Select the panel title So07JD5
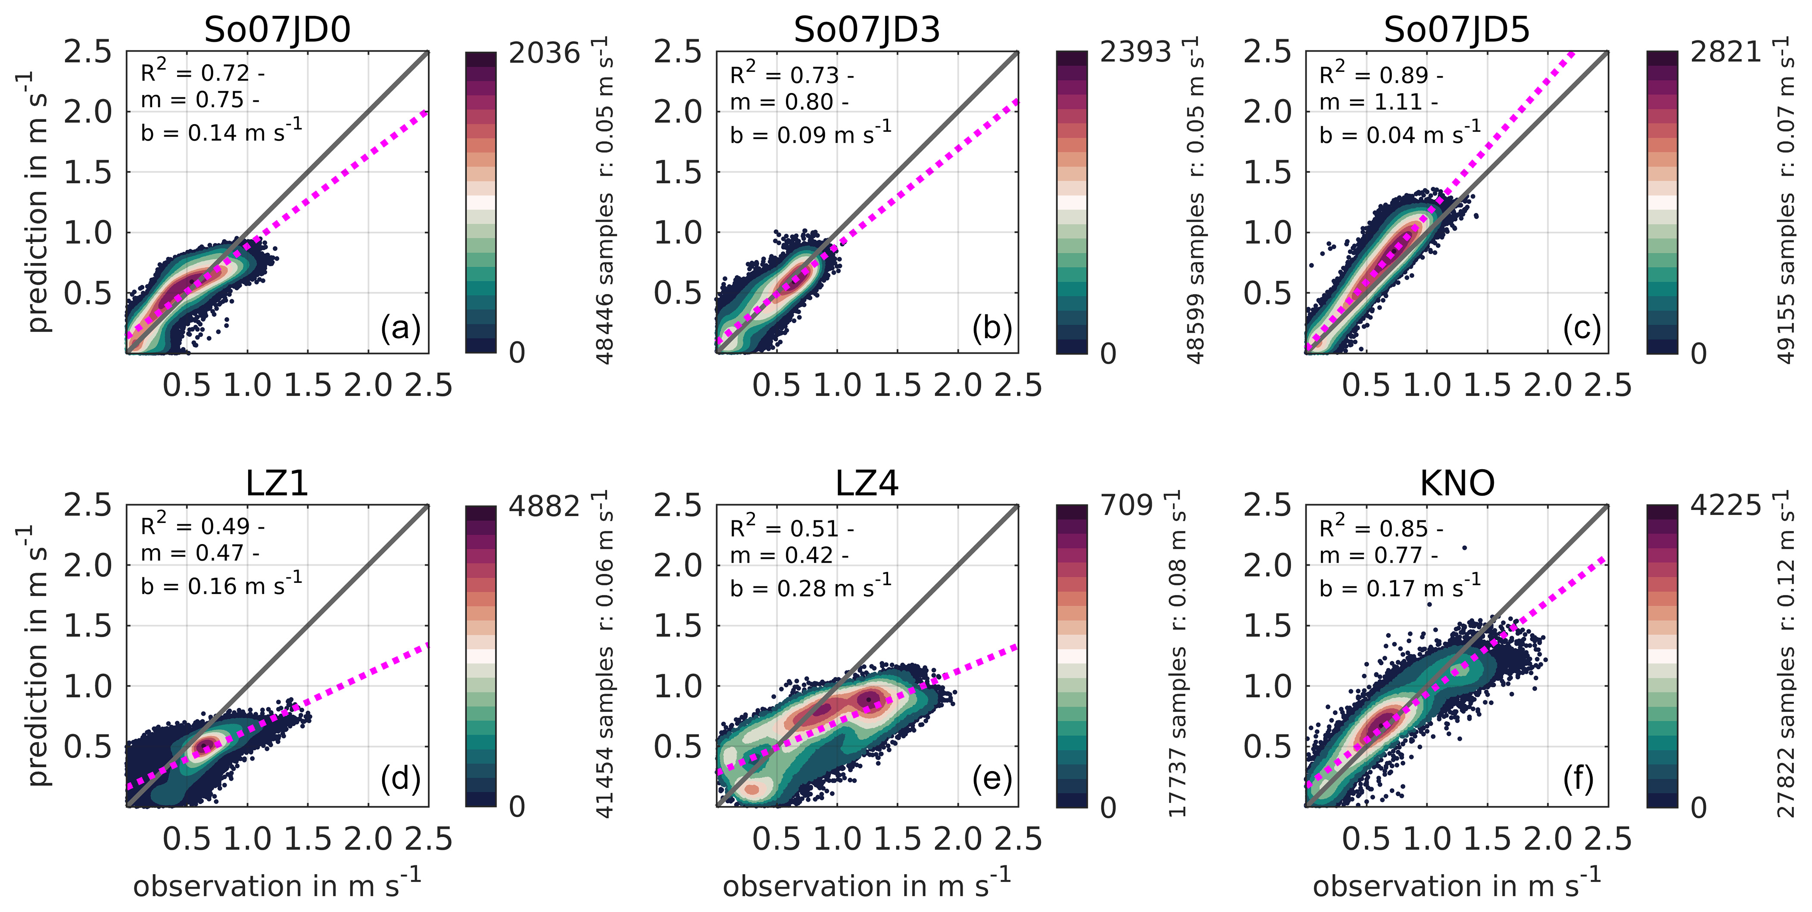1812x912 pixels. (x=1457, y=30)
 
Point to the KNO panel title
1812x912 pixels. (x=1457, y=483)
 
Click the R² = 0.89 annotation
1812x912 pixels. (x=1381, y=74)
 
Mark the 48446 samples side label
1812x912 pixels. (x=605, y=278)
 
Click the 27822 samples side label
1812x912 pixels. (x=1786, y=731)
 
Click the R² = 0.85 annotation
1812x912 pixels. (x=1381, y=527)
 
